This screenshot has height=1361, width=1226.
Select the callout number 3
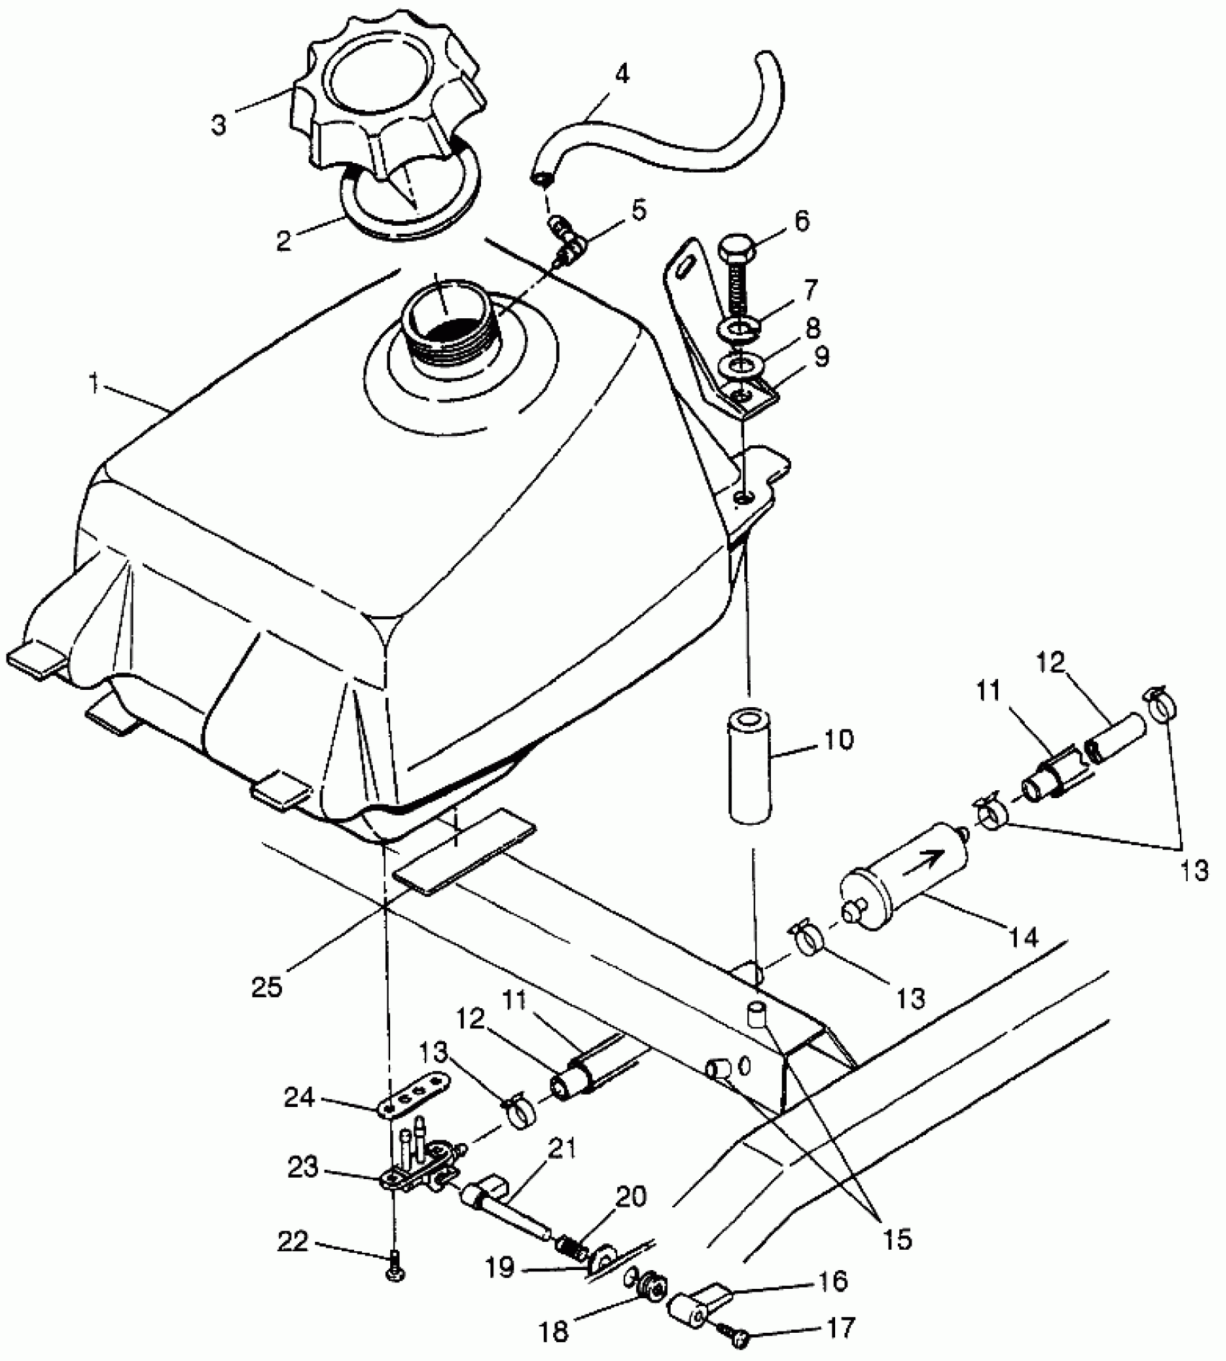pyautogui.click(x=219, y=124)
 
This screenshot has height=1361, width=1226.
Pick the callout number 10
pyautogui.click(x=837, y=740)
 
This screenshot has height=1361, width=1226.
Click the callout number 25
pyautogui.click(x=267, y=987)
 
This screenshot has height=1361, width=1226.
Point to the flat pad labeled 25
pyautogui.click(x=465, y=852)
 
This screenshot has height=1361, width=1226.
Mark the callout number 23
pyautogui.click(x=302, y=1167)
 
